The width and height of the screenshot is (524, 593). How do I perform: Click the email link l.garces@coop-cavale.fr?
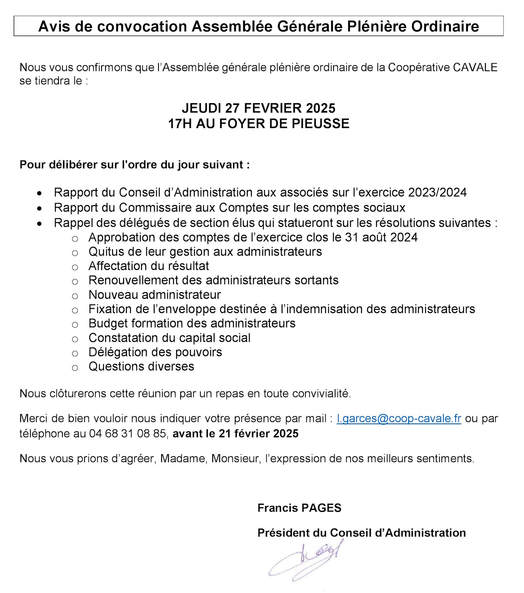click(x=399, y=418)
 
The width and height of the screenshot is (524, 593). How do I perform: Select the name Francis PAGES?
click(x=299, y=508)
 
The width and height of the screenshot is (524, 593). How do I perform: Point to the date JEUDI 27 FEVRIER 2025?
click(x=258, y=108)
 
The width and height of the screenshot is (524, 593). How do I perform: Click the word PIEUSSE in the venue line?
click(x=320, y=124)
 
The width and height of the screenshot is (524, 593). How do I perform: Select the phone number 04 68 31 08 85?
click(x=128, y=434)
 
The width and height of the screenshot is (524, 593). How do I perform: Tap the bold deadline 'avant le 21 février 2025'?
click(x=236, y=434)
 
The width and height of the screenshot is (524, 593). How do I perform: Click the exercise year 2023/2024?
click(x=437, y=193)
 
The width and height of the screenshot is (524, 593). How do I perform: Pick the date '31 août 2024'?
click(x=381, y=237)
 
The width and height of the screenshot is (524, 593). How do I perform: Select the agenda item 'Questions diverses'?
click(x=141, y=366)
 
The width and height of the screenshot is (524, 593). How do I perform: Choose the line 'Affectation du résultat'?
click(x=149, y=266)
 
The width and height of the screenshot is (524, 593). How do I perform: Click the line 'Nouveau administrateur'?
click(x=155, y=295)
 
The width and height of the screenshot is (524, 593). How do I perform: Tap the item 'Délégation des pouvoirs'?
click(x=155, y=352)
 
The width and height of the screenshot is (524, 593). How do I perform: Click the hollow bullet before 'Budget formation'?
click(x=75, y=325)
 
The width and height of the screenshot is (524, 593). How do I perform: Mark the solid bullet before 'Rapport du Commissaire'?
click(x=39, y=208)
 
